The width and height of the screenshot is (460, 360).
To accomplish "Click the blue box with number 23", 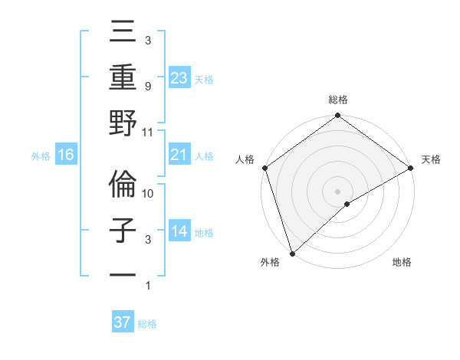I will [179, 77].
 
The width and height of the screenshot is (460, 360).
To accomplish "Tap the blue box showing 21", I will [179, 155].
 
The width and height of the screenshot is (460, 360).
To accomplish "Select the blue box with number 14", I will [179, 232].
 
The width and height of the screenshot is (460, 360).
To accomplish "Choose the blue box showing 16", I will [66, 155].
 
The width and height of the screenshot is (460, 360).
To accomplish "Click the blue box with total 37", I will [123, 322].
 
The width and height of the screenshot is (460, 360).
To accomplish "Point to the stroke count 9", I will [147, 87].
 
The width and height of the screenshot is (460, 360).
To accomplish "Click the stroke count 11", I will [148, 133].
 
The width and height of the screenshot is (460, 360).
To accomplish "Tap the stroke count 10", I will [148, 195].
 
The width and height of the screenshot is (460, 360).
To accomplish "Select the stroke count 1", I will [147, 286].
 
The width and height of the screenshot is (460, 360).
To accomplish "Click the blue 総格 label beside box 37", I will [147, 324].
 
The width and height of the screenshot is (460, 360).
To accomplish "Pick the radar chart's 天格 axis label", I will [431, 160].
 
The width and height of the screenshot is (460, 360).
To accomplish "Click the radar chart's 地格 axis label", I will [402, 263].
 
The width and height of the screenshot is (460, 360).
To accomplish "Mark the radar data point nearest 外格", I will [291, 253].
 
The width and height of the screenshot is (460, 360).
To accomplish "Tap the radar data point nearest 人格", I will [264, 168].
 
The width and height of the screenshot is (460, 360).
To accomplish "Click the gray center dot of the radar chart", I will [337, 191].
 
